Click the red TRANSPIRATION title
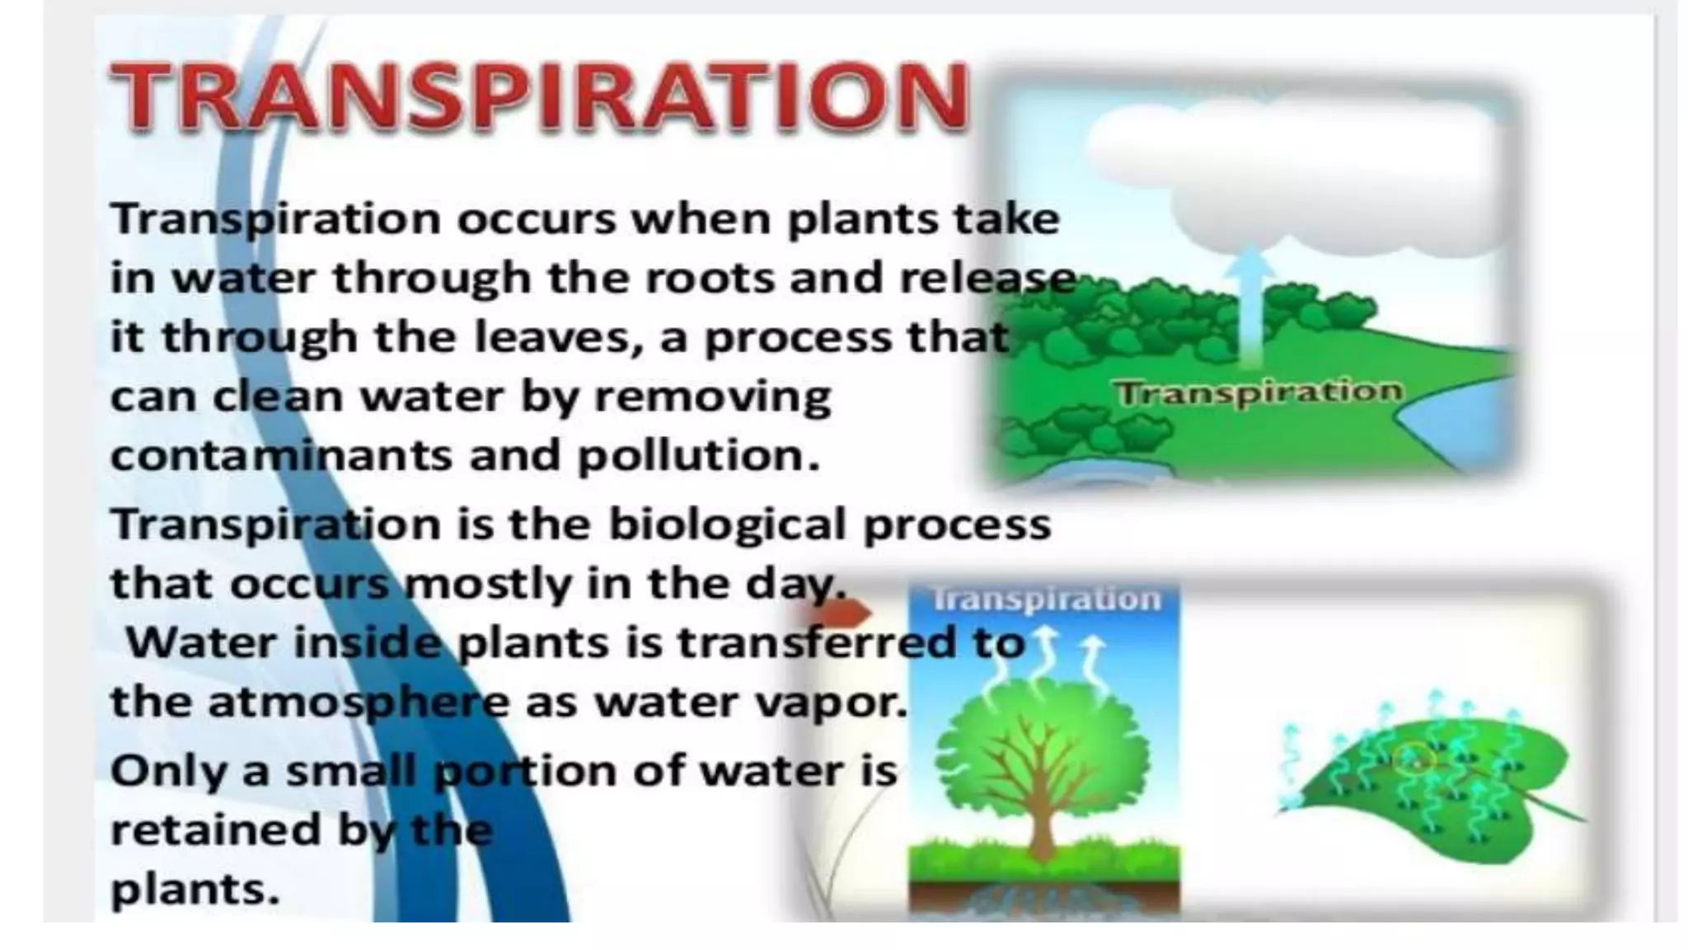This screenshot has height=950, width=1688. [x=540, y=96]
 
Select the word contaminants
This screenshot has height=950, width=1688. [x=281, y=455]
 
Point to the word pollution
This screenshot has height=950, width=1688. [x=698, y=455]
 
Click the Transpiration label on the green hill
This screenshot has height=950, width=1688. [x=1258, y=392]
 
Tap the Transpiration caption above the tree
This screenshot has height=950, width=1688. [x=1046, y=599]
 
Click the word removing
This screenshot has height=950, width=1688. [x=712, y=397]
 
